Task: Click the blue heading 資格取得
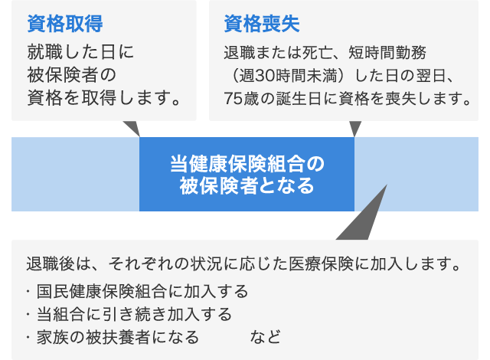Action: [65, 24]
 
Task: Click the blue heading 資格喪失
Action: [262, 24]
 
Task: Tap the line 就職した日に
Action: [80, 52]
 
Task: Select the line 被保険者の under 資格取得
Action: [71, 75]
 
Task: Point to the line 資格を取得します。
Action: [104, 98]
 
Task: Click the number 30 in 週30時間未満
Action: [264, 76]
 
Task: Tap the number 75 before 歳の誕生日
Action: [233, 99]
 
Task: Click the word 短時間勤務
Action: [387, 52]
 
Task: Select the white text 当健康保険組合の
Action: [247, 164]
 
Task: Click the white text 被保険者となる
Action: [247, 185]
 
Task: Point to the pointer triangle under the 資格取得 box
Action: [133, 127]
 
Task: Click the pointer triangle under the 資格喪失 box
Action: [355, 127]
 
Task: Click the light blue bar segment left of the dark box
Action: [75, 174]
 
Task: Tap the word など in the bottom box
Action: [265, 338]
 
